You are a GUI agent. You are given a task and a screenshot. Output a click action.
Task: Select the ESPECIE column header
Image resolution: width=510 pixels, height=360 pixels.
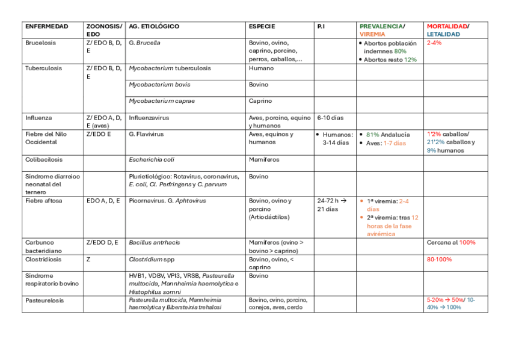262,26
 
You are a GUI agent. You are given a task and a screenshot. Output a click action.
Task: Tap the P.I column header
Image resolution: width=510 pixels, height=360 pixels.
321,26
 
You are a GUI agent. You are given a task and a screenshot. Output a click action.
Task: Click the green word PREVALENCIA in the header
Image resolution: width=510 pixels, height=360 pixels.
381,26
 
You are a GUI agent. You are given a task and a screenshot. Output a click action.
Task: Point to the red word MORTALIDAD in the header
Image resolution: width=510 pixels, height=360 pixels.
447,26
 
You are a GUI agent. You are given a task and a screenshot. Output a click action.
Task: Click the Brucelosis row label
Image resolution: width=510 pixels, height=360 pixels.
40,43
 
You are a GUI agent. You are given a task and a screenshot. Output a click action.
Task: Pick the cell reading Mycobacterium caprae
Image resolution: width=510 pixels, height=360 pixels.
162,101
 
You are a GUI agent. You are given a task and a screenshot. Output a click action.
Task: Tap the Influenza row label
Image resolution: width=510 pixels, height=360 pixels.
38,118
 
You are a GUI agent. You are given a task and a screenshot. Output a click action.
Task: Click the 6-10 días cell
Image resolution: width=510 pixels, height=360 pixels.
330,118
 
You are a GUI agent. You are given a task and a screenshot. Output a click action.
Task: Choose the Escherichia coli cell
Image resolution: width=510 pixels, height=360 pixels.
152,160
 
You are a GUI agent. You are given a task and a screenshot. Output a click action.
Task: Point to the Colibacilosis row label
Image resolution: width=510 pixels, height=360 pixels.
44,160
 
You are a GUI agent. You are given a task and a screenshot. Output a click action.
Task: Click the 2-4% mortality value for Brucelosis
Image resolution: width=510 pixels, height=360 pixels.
434,43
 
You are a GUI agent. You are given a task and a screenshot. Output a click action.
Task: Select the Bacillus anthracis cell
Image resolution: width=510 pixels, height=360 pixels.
154,242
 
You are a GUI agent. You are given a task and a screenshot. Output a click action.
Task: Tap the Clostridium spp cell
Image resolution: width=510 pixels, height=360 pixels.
152,259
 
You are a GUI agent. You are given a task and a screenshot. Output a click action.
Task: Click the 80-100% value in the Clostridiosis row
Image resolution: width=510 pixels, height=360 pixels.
439,259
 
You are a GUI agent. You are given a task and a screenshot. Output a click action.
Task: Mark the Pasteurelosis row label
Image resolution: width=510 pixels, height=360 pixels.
45,300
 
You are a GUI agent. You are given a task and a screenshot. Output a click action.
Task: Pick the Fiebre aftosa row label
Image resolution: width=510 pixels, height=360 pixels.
43,201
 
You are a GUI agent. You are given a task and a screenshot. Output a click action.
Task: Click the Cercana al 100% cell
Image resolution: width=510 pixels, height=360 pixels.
451,242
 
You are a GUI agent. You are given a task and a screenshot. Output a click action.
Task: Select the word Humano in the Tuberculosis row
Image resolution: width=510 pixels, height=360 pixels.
261,68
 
